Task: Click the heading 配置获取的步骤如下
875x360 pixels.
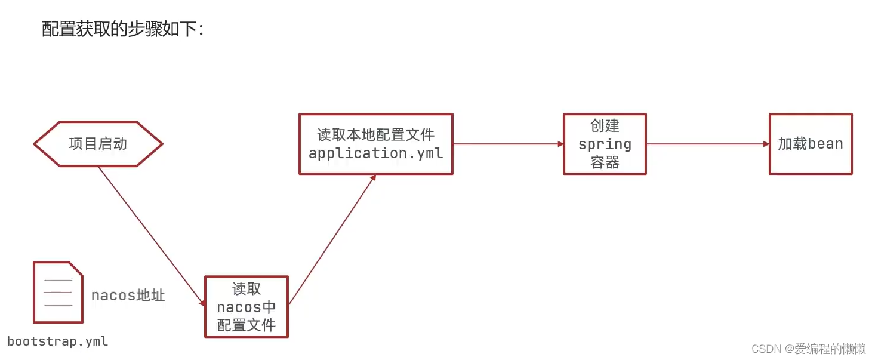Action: point(122,29)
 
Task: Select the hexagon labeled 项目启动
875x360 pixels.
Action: point(98,144)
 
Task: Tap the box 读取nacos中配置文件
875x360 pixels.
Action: point(247,306)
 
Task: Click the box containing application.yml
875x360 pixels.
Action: point(375,144)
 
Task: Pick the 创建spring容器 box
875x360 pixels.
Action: point(605,144)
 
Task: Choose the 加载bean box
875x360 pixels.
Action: point(811,144)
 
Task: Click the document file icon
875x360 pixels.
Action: point(58,292)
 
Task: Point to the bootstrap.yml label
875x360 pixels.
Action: point(58,341)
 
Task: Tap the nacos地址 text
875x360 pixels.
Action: point(128,295)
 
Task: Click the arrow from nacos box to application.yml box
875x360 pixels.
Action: point(331,239)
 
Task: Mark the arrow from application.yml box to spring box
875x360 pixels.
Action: point(507,144)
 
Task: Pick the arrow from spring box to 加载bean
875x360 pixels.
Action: point(707,144)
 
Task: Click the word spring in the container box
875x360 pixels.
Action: point(605,144)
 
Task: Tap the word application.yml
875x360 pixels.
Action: point(375,153)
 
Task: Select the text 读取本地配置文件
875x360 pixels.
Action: point(375,135)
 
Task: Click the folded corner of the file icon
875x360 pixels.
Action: point(76,268)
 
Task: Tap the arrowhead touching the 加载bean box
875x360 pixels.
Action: point(766,144)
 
